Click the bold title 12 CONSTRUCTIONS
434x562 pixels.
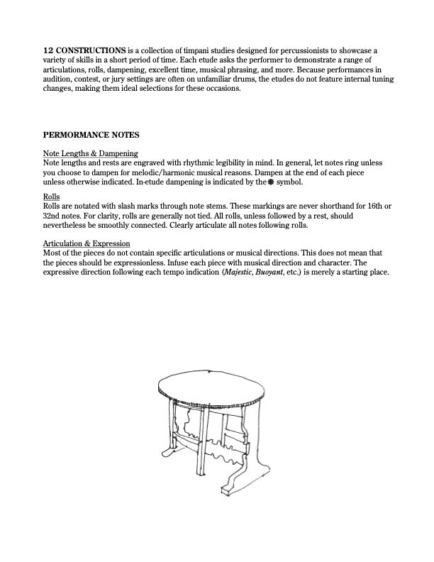pos(84,50)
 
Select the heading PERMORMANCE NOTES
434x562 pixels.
pos(91,134)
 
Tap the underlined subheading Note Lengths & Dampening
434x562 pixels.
pos(90,153)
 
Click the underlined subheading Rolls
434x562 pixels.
pos(51,195)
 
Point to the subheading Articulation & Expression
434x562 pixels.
pos(91,243)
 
